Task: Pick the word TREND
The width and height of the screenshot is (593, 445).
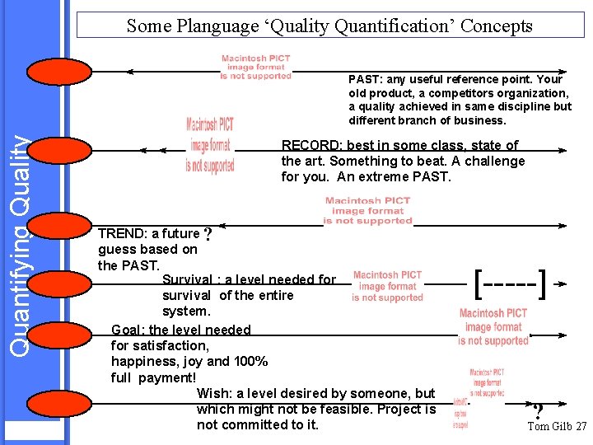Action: (x=119, y=234)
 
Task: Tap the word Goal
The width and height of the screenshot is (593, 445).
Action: (x=128, y=330)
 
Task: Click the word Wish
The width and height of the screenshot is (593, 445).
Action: (x=214, y=394)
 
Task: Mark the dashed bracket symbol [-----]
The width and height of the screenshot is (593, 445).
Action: (x=511, y=283)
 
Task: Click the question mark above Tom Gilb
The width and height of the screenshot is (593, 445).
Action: (x=537, y=411)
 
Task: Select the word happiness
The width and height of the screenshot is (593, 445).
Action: (x=141, y=362)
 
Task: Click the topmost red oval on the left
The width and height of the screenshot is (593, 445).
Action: (x=58, y=72)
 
